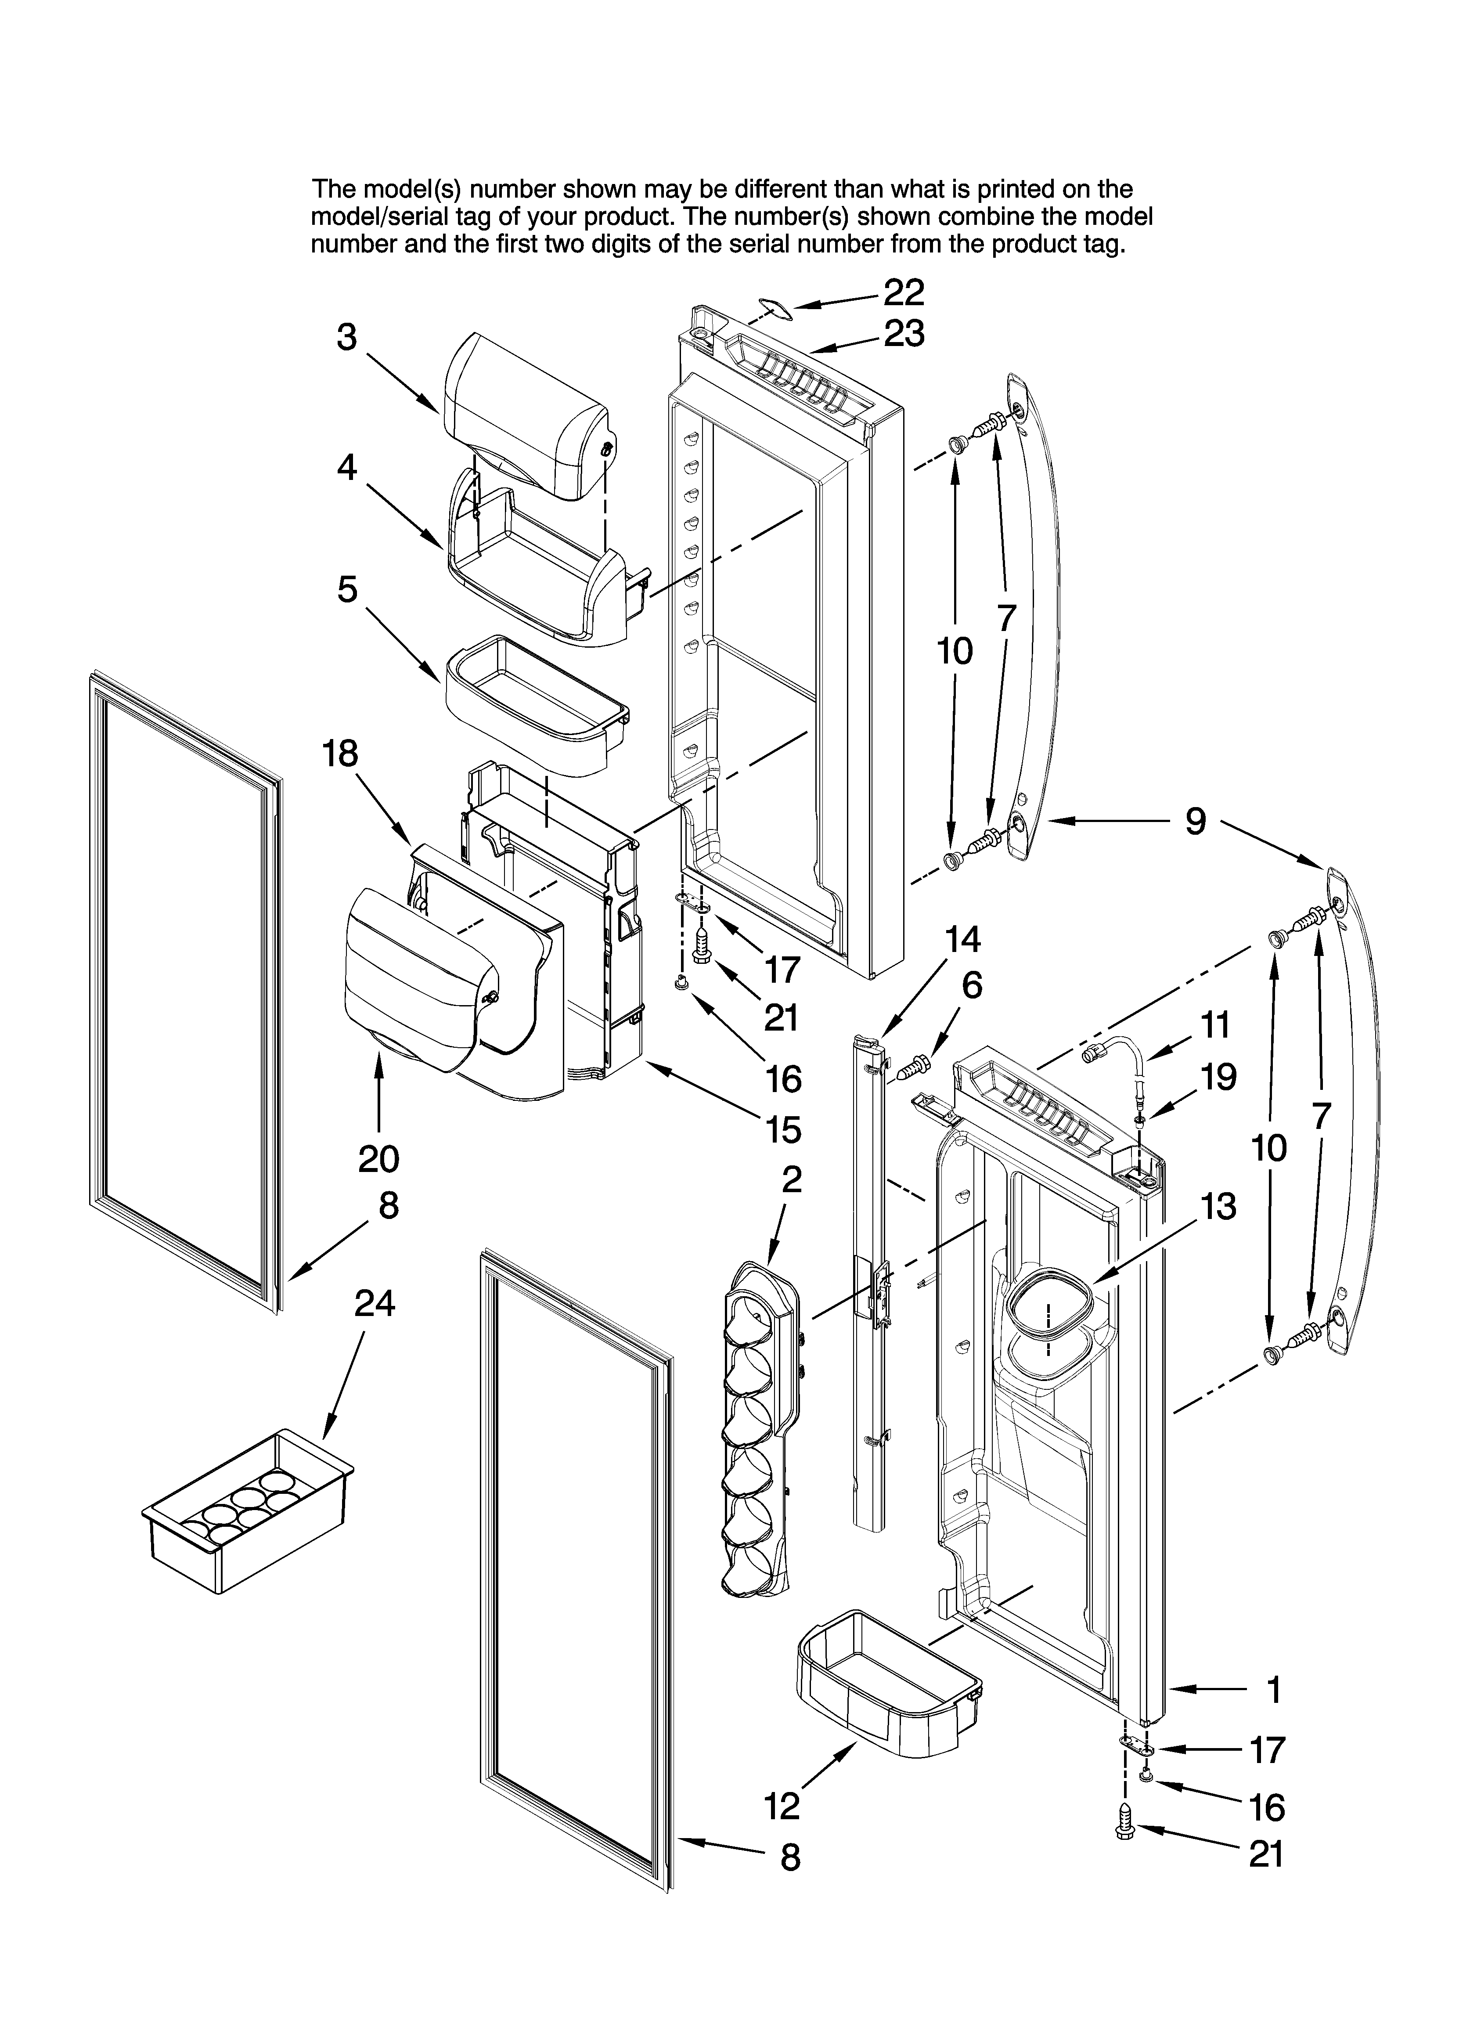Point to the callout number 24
click(x=374, y=1304)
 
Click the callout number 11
click(x=1215, y=1025)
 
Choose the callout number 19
click(x=1218, y=1077)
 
